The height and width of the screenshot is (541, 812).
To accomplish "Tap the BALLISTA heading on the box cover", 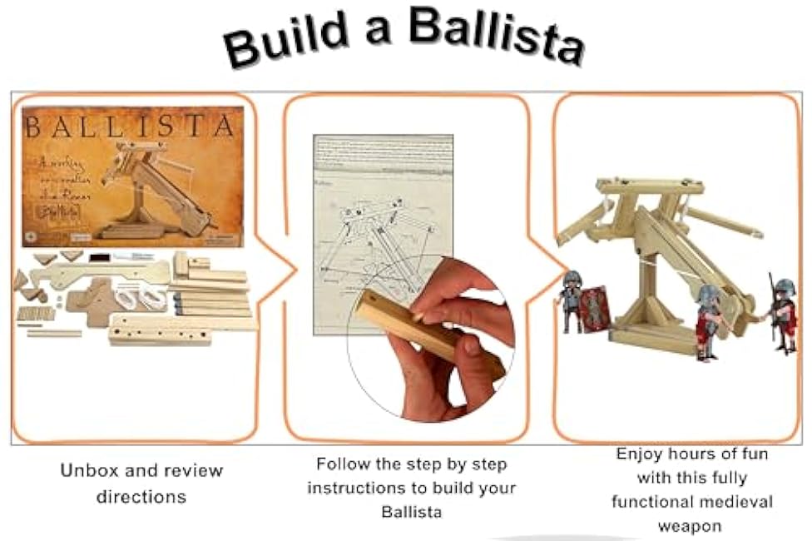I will click(129, 127).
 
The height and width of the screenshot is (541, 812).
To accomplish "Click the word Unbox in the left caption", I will click(89, 470).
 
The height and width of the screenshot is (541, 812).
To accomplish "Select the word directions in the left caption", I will click(141, 497).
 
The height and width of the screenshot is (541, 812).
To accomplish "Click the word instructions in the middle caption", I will click(351, 488).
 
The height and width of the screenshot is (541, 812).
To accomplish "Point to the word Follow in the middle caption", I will click(343, 464).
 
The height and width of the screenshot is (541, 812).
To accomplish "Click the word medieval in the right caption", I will click(737, 503).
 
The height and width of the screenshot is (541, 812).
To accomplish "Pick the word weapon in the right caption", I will click(691, 527).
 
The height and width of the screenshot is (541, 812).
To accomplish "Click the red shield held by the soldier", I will click(595, 309).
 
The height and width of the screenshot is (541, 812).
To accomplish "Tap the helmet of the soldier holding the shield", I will click(571, 280).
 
